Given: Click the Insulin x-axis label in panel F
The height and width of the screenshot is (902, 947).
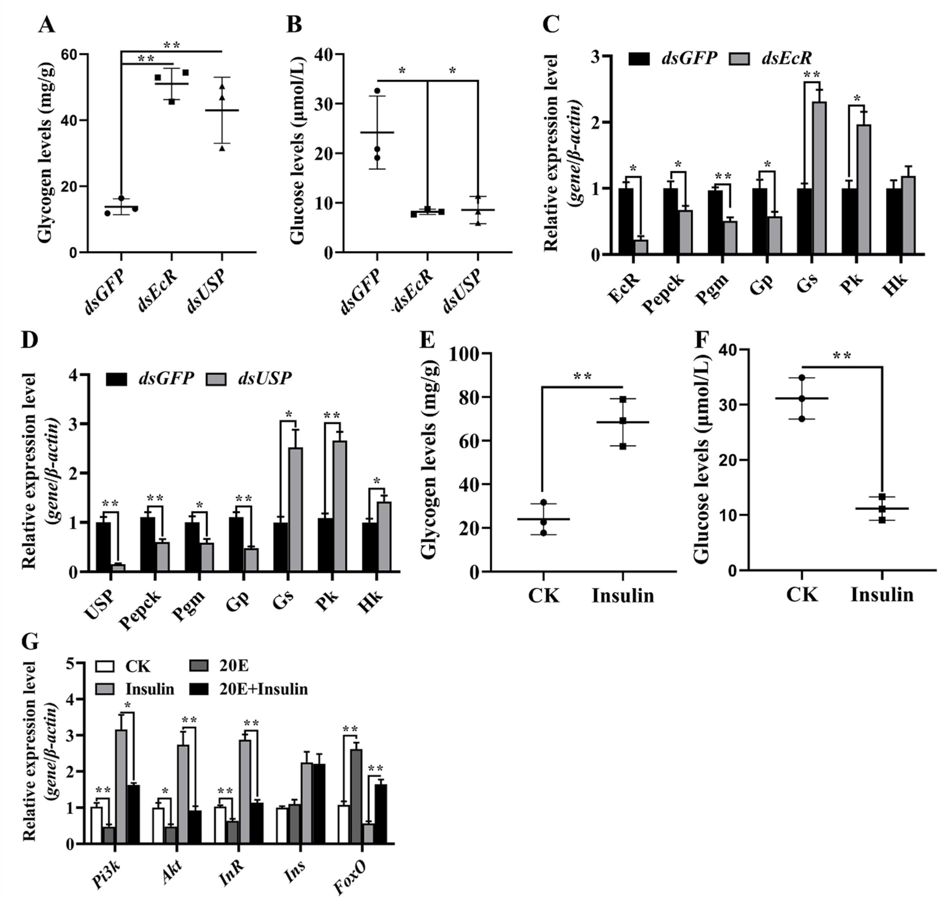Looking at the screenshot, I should click(882, 595).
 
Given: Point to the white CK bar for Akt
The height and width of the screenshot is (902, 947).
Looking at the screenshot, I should click(158, 826).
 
